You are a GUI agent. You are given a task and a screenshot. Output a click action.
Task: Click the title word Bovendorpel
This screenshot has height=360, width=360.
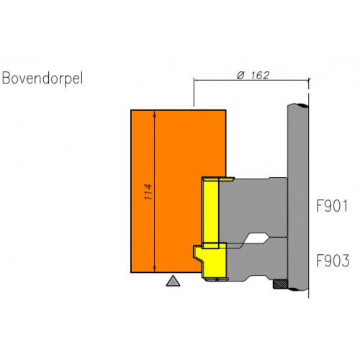[42, 78]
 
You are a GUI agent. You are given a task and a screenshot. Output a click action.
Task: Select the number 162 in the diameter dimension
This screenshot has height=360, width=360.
[260, 76]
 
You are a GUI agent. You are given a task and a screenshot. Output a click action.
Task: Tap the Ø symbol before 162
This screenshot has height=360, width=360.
[241, 76]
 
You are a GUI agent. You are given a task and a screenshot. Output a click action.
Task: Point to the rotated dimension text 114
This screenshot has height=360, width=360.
[148, 192]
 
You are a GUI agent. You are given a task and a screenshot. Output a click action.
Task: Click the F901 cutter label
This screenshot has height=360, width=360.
[332, 206]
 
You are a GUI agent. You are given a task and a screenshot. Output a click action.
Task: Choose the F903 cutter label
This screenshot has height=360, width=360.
[333, 261]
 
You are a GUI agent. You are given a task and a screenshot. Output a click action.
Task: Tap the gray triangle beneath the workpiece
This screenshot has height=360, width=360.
[173, 282]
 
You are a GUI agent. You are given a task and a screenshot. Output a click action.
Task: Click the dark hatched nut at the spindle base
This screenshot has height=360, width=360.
[280, 284]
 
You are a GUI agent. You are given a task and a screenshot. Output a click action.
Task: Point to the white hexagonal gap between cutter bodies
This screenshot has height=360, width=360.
[256, 238]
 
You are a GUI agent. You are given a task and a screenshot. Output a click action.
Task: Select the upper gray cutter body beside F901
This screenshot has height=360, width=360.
[253, 207]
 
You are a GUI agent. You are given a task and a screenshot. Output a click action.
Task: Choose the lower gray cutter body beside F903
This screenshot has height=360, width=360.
[257, 261]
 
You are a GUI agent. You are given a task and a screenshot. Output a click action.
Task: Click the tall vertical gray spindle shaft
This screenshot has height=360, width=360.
[298, 197]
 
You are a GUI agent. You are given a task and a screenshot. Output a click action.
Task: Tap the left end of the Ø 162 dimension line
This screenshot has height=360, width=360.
[194, 80]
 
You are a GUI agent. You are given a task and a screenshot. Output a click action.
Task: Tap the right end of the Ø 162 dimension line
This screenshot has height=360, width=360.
[309, 80]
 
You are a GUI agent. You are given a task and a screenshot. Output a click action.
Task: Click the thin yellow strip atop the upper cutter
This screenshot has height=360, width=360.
[218, 179]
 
